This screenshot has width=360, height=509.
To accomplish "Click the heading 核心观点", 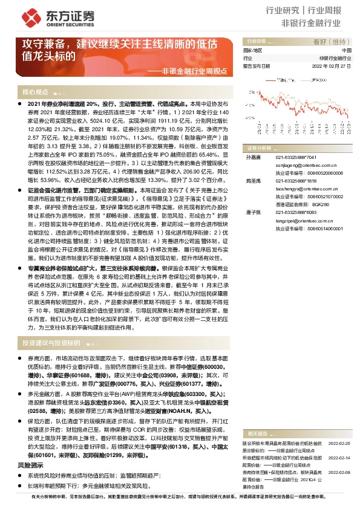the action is point(35,92).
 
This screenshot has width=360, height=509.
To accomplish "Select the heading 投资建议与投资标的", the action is point(51,342).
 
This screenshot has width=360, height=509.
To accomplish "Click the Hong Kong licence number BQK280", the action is point(319,205).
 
